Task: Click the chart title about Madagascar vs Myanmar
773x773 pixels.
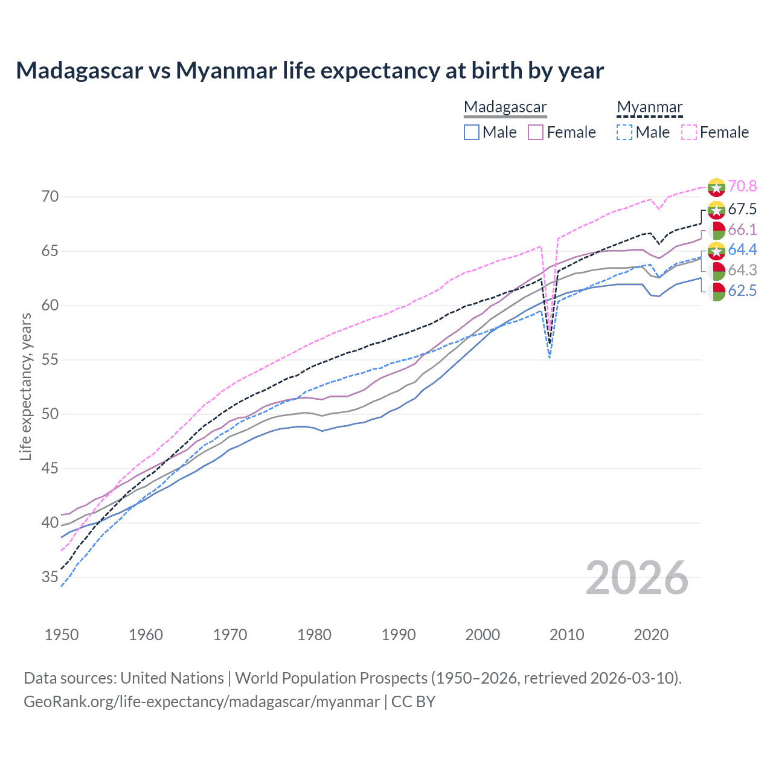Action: point(310,71)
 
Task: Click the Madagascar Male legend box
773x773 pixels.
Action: point(472,132)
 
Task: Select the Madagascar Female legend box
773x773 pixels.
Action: point(536,132)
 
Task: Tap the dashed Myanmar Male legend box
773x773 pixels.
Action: point(624,132)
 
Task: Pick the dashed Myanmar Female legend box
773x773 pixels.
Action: point(688,132)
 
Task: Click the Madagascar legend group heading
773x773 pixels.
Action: point(505,107)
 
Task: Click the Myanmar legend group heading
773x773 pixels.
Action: point(649,107)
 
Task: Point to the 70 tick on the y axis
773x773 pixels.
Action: point(50,197)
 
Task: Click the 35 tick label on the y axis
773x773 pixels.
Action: point(50,577)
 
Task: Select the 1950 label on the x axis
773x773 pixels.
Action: point(62,635)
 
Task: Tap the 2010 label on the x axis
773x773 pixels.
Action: point(566,635)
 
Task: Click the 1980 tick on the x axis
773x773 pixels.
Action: point(314,635)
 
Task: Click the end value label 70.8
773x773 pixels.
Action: point(742,187)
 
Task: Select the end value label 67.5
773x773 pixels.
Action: point(742,210)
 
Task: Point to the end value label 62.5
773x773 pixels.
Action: point(742,291)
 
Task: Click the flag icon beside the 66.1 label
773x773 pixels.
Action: point(716,230)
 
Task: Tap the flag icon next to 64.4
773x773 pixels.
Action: point(716,250)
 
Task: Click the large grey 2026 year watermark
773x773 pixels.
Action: point(637,578)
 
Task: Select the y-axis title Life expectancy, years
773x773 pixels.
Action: point(26,386)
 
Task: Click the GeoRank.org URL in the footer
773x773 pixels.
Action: point(202,702)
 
